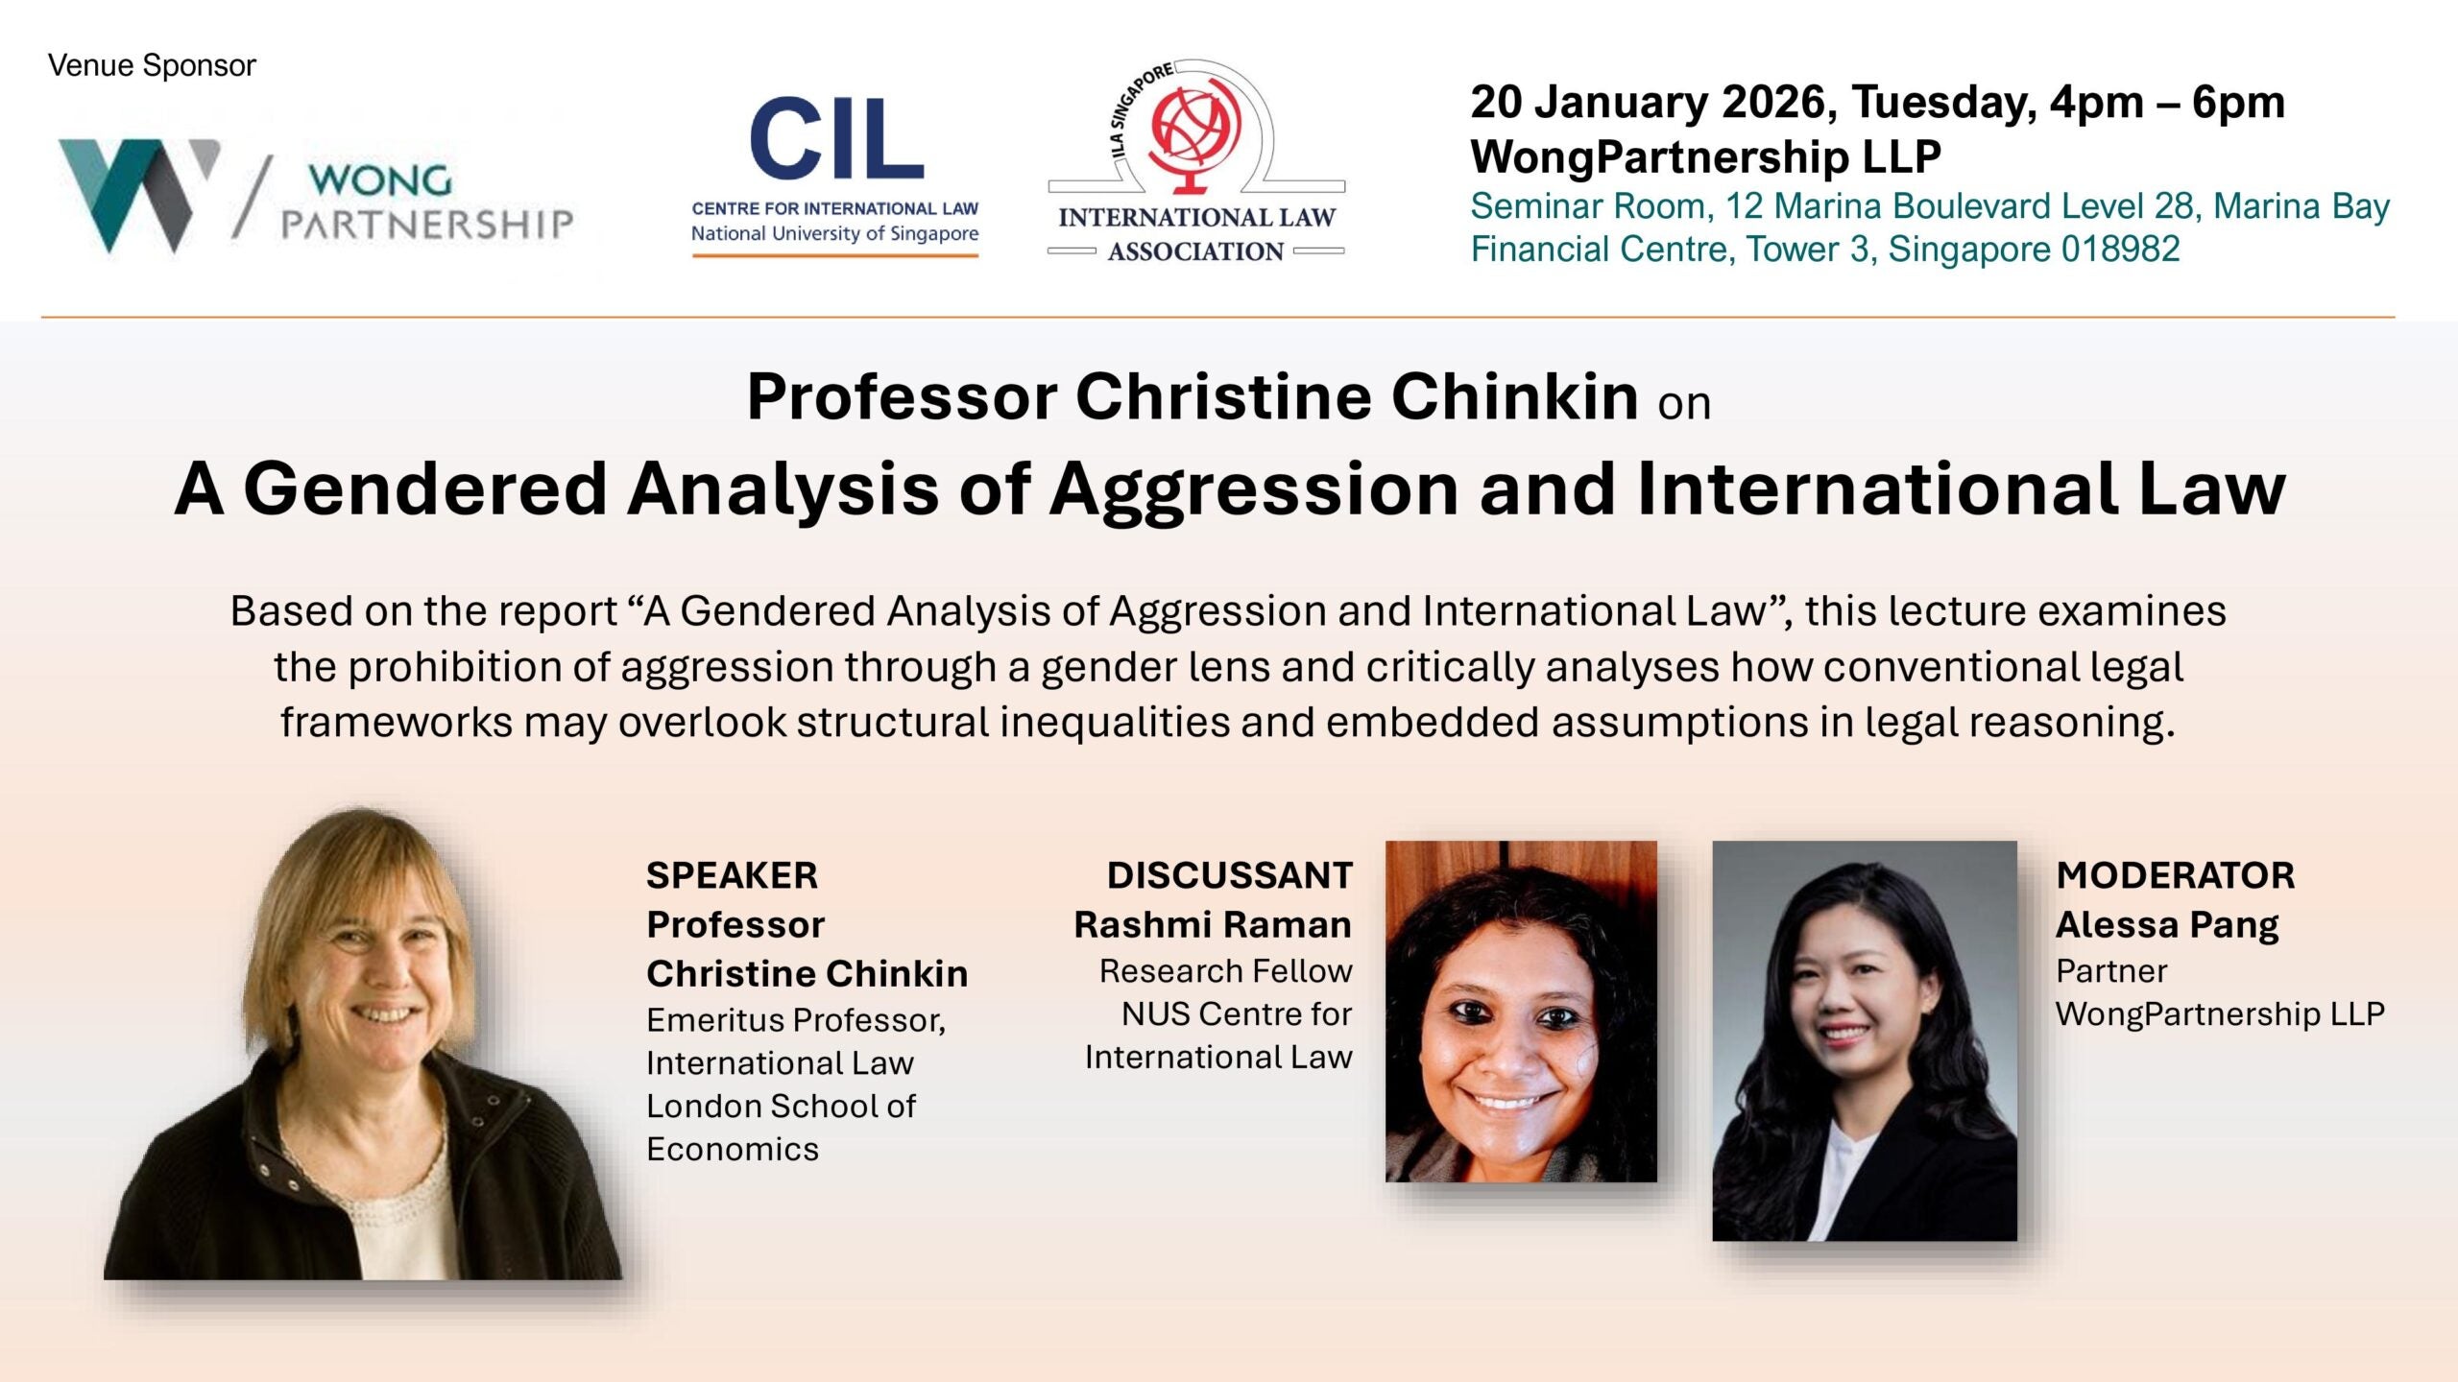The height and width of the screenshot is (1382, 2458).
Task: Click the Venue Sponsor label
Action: [152, 65]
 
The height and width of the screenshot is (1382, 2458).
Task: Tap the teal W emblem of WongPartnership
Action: [134, 192]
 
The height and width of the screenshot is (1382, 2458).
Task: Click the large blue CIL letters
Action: [836, 140]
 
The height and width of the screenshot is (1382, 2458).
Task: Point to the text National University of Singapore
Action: [834, 233]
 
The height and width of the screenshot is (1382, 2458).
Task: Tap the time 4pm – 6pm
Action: [2167, 103]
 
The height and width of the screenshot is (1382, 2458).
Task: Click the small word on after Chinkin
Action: [1684, 404]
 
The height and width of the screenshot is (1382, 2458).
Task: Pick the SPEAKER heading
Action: [732, 875]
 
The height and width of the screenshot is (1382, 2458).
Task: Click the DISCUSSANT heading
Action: [1229, 875]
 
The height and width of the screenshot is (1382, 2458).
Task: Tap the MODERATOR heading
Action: [2175, 875]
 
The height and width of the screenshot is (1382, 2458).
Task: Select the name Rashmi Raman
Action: [1213, 925]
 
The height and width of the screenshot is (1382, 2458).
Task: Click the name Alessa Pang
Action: [2167, 925]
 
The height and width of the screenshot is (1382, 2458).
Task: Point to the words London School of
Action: [781, 1106]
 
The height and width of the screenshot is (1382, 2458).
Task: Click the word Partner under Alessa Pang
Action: [2111, 971]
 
